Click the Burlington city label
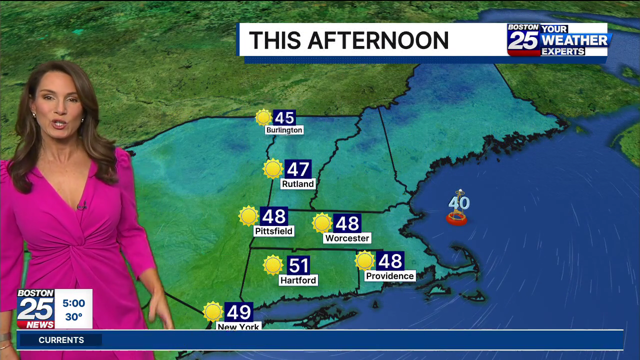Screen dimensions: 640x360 click(x=284, y=130)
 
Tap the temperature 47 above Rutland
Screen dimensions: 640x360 click(x=298, y=169)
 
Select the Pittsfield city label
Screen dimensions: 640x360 click(x=273, y=231)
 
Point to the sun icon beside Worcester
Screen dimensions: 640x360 click(x=322, y=223)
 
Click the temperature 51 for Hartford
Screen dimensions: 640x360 click(x=298, y=265)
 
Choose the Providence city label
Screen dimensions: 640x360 click(x=390, y=276)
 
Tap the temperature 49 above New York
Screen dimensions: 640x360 click(x=238, y=312)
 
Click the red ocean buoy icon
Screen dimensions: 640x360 click(x=456, y=218)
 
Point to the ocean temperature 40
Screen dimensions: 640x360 click(x=459, y=203)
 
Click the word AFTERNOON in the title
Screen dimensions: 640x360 click(x=378, y=40)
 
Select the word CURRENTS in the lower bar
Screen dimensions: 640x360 click(x=61, y=340)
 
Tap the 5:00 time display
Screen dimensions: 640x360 click(x=73, y=303)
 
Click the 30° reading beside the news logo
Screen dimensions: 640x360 click(x=73, y=317)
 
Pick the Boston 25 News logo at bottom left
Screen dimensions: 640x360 click(x=35, y=309)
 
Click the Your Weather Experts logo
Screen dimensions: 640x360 click(x=559, y=39)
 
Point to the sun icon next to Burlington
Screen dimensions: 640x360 click(x=263, y=117)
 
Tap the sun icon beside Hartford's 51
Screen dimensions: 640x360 click(x=273, y=265)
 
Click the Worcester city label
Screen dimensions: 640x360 click(x=347, y=238)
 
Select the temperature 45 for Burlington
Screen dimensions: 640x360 click(x=284, y=118)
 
